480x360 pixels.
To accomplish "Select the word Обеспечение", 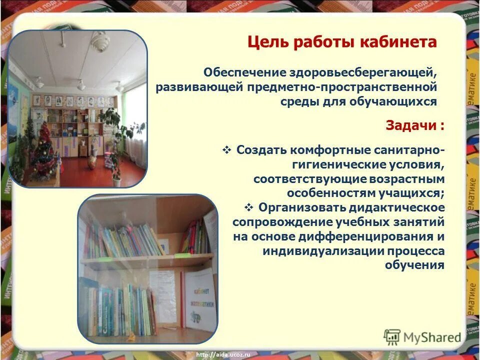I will pyautogui.click(x=245, y=72).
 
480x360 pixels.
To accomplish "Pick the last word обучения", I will pyautogui.click(x=414, y=265).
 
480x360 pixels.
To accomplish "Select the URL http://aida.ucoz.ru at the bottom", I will pyautogui.click(x=223, y=354).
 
